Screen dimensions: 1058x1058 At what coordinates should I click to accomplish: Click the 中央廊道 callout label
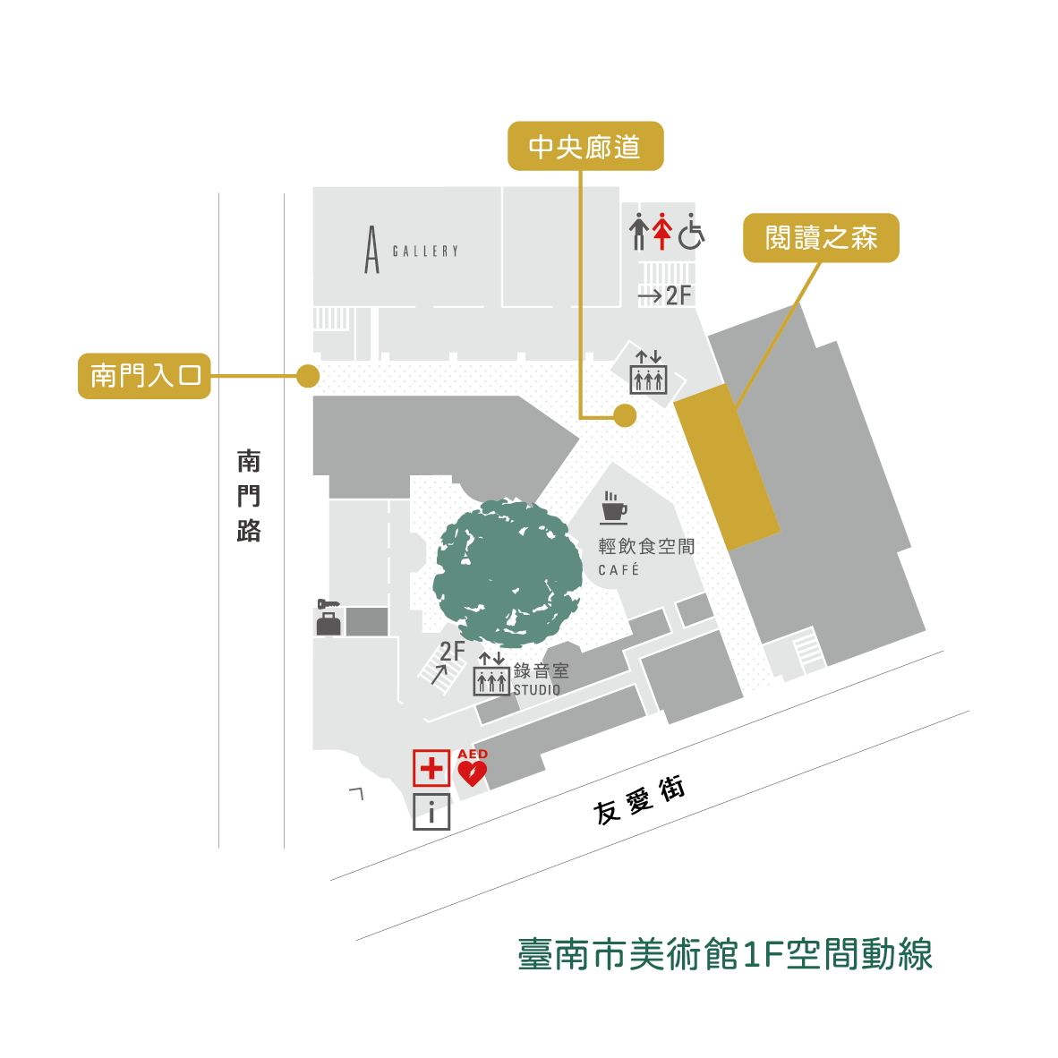click(585, 146)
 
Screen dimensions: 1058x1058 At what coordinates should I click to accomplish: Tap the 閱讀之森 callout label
click(821, 238)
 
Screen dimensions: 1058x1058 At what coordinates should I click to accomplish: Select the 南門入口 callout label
click(144, 376)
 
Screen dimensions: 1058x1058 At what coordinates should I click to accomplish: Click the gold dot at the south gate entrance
click(308, 376)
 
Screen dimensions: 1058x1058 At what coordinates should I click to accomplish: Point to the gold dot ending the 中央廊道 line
click(625, 415)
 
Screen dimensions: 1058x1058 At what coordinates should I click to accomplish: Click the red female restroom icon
click(661, 232)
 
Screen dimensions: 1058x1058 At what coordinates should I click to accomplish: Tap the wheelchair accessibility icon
click(691, 232)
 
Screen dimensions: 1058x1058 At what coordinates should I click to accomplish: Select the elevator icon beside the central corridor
click(648, 373)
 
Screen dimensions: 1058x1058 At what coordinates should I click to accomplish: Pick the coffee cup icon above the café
click(613, 508)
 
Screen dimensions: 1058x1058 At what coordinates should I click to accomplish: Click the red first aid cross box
click(431, 768)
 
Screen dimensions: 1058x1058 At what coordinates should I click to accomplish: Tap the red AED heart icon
click(472, 769)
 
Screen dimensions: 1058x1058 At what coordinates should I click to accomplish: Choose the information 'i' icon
click(431, 812)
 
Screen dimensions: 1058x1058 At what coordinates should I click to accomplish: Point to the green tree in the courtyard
click(508, 574)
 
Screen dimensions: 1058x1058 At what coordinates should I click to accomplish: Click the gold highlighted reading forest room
click(726, 466)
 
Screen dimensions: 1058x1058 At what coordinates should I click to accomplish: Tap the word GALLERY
click(425, 252)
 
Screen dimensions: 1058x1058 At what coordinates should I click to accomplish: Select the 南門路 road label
click(249, 497)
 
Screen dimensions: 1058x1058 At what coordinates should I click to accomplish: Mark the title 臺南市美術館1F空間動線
click(725, 954)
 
